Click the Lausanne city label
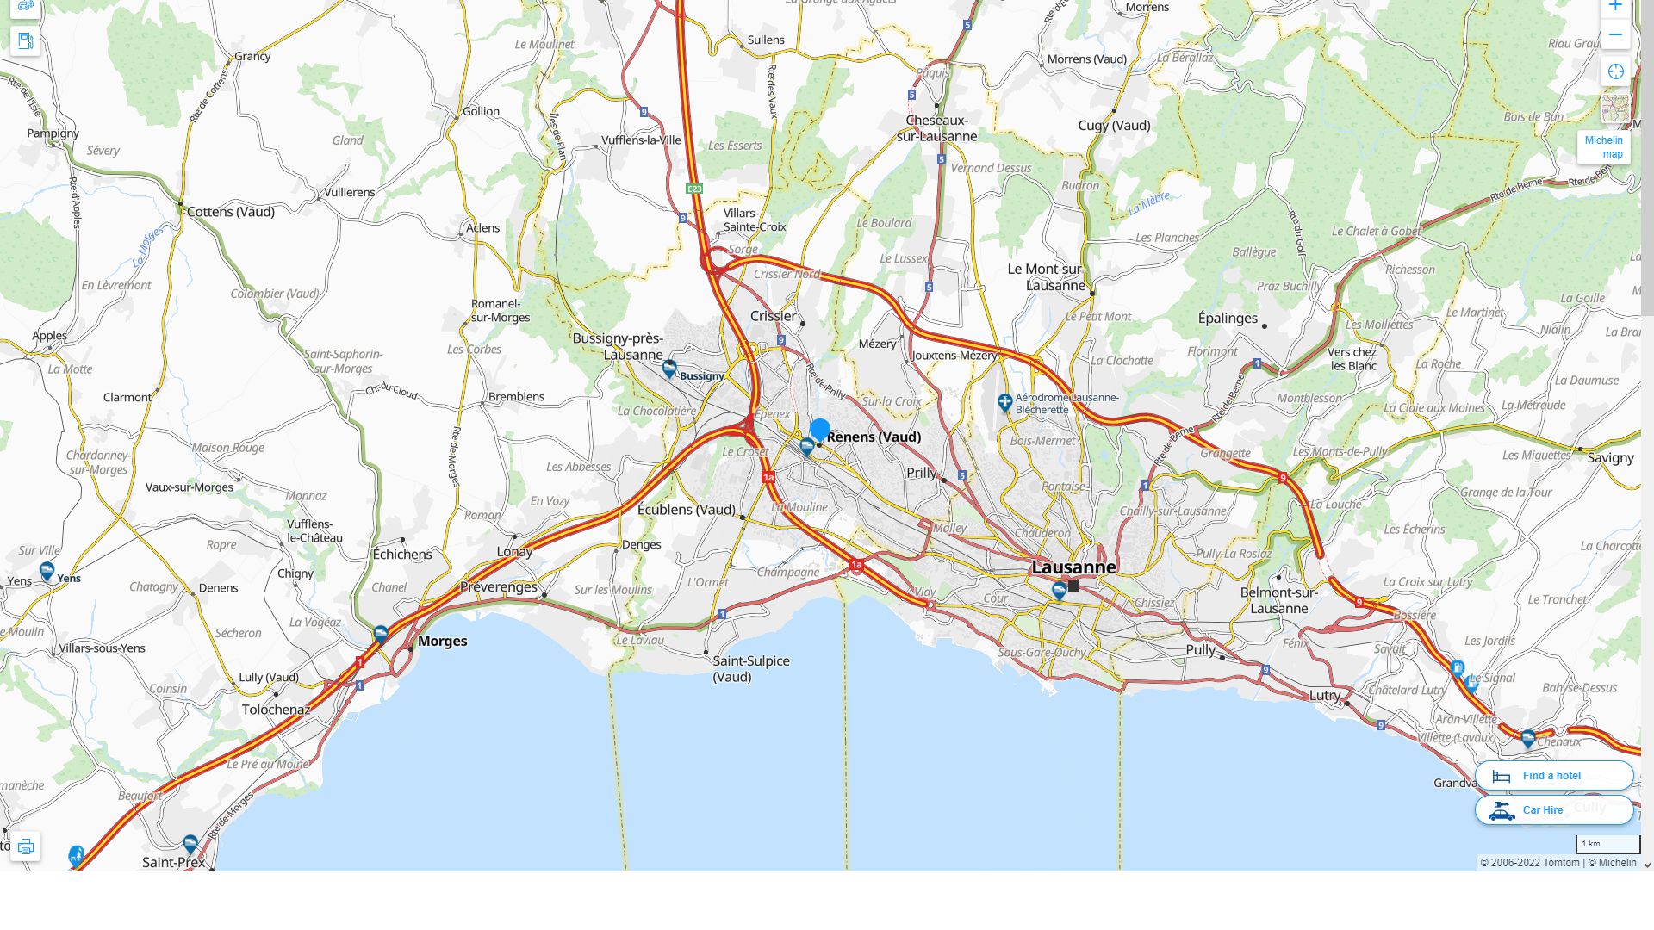point(1073,567)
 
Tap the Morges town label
point(442,641)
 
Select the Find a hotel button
point(1553,776)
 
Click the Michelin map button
point(1603,146)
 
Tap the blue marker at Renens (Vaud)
point(820,429)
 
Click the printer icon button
point(26,846)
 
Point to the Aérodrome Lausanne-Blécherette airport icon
point(1004,402)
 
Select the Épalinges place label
point(1228,318)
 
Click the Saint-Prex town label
point(173,862)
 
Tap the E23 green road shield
point(694,189)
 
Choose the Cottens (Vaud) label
point(230,212)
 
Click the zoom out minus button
point(1615,35)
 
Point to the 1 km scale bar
point(1607,845)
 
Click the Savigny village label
point(1609,458)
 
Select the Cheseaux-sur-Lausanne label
point(936,128)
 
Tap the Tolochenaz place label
point(276,710)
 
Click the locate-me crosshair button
point(1615,72)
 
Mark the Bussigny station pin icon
point(669,369)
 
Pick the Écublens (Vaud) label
point(687,510)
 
